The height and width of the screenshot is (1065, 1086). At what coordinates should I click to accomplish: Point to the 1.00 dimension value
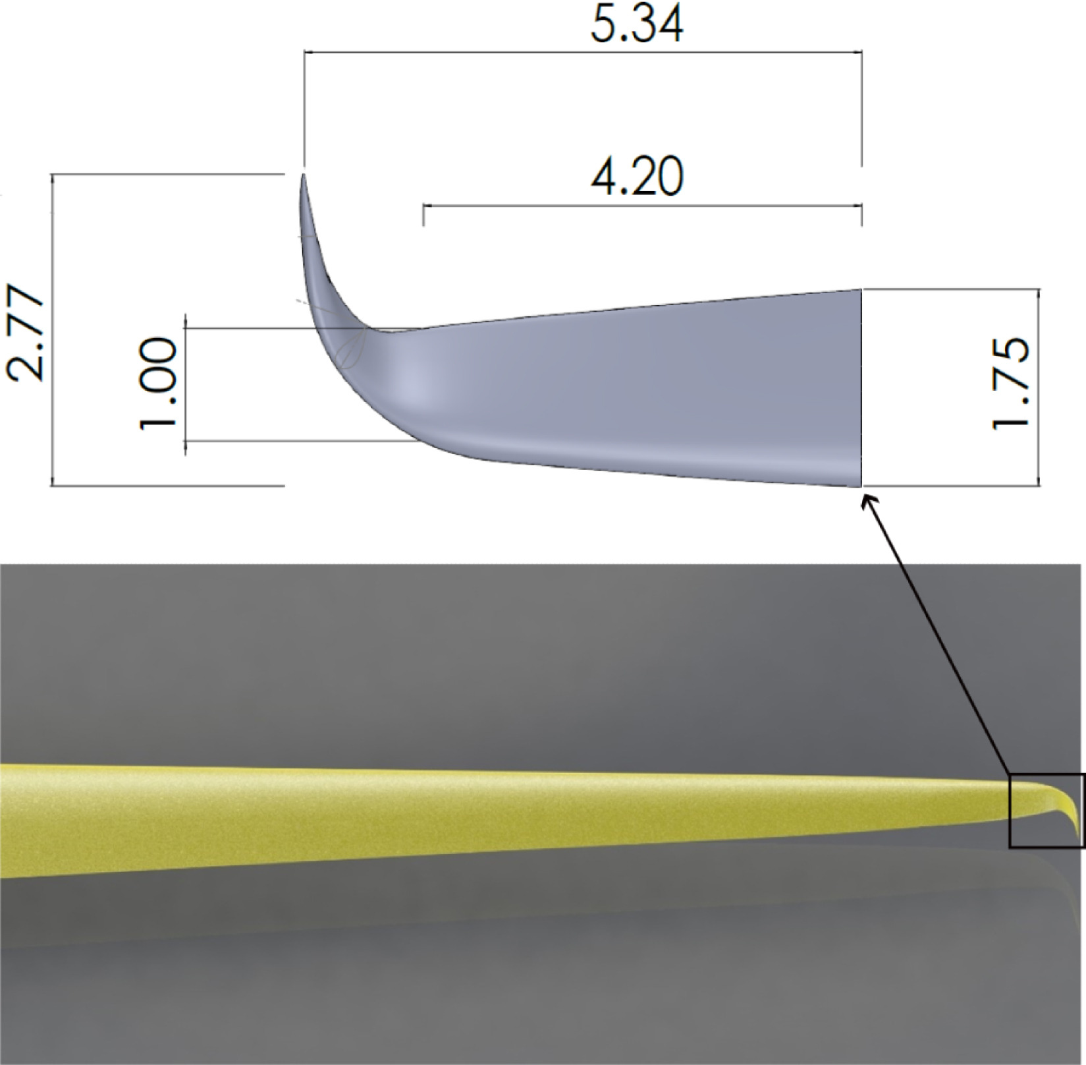[x=159, y=382]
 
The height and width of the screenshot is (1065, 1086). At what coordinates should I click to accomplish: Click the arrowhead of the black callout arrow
[x=866, y=500]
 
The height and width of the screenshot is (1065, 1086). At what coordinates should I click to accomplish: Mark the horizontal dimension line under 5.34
[x=582, y=51]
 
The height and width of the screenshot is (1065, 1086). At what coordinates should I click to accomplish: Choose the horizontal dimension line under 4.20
[x=642, y=206]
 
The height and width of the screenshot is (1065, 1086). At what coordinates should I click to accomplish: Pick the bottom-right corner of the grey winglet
[x=861, y=486]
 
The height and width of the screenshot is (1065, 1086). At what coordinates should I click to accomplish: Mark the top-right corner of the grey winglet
[x=861, y=290]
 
